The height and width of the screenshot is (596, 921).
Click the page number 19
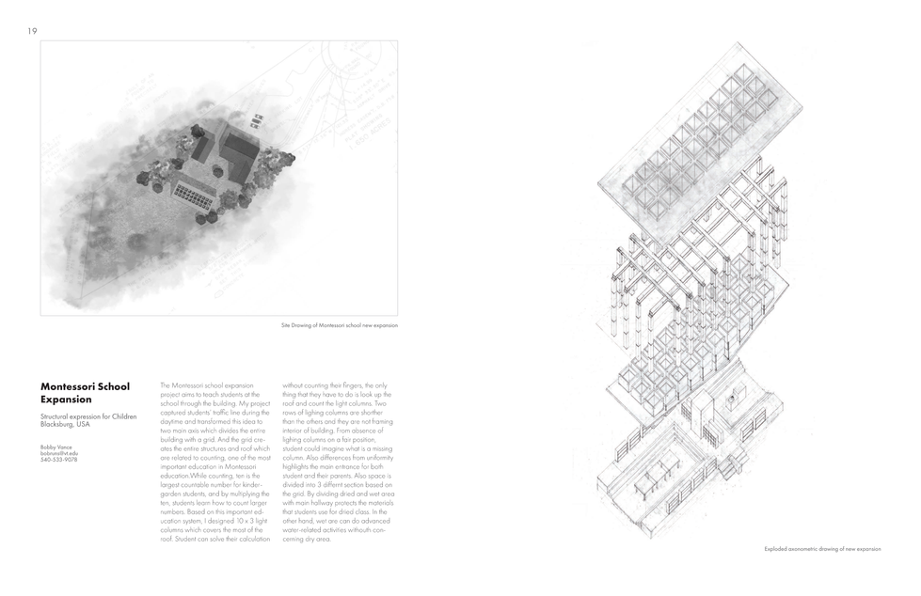pos(32,31)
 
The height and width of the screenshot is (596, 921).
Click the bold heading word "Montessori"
pos(71,385)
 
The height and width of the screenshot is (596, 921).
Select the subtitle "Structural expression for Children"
pos(88,416)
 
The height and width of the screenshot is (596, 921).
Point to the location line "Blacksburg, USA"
pos(65,424)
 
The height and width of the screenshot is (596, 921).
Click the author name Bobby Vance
pos(56,447)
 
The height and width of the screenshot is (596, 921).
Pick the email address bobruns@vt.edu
pos(59,453)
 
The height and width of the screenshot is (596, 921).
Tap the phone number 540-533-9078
pos(58,460)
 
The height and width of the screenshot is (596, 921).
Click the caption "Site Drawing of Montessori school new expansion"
pos(339,325)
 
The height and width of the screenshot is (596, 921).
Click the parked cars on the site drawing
pos(255,120)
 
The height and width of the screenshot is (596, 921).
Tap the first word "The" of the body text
pos(166,385)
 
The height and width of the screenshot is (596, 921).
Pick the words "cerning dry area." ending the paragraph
pos(308,539)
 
